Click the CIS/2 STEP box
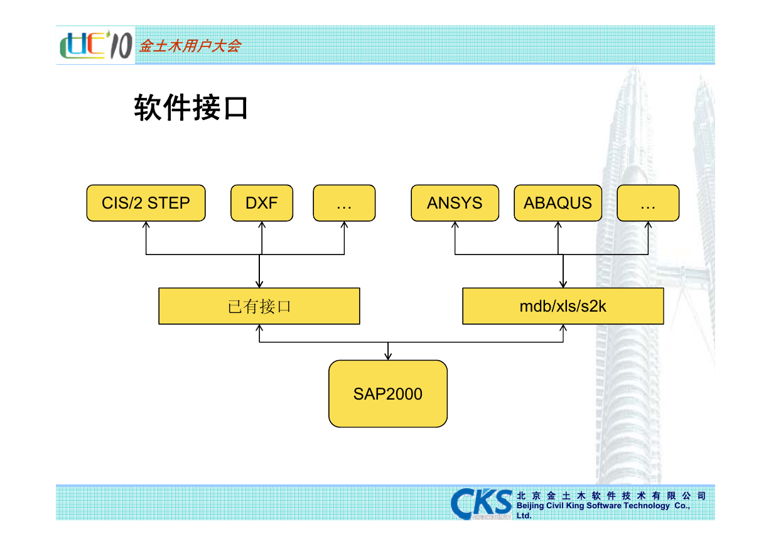[x=146, y=203]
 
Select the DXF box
[x=262, y=203]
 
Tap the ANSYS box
[x=455, y=203]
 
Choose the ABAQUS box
[x=558, y=203]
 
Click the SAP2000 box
[x=388, y=394]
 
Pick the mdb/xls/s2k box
[x=563, y=306]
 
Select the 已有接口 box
[x=259, y=306]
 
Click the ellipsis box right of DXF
[x=344, y=203]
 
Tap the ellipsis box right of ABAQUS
[x=648, y=203]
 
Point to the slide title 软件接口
[x=191, y=107]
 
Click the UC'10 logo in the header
[x=95, y=45]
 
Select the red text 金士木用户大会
[x=190, y=46]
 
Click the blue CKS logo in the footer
[x=481, y=503]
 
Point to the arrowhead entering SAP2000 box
[x=388, y=356]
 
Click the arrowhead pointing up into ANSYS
[x=455, y=226]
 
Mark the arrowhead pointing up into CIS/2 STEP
[x=146, y=226]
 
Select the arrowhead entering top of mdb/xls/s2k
[x=563, y=284]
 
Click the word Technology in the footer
[x=647, y=506]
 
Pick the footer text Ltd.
[x=524, y=516]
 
